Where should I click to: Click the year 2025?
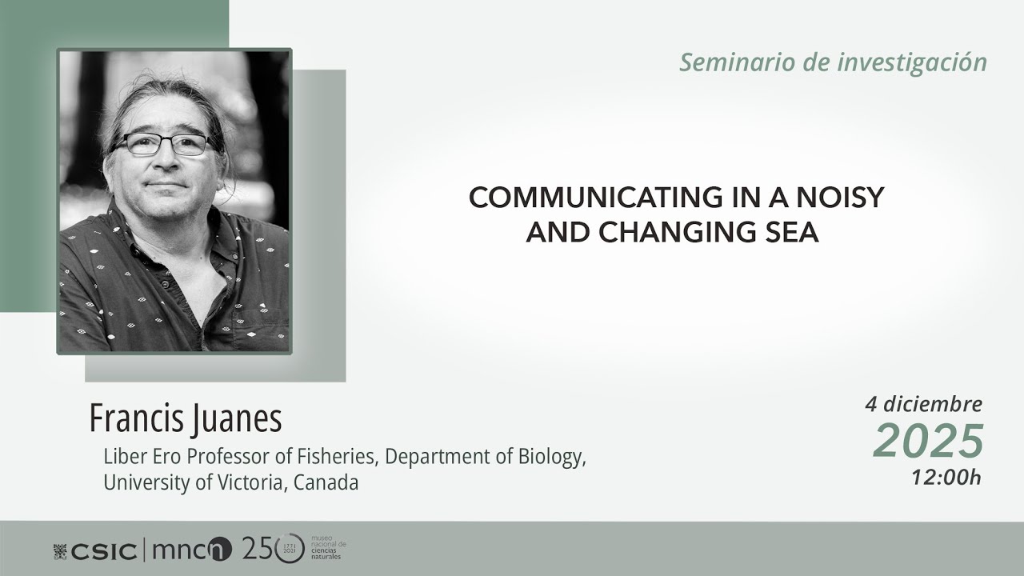(928, 440)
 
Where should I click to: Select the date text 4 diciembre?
(923, 404)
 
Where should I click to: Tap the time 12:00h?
(946, 478)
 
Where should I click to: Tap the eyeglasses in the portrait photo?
(164, 144)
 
